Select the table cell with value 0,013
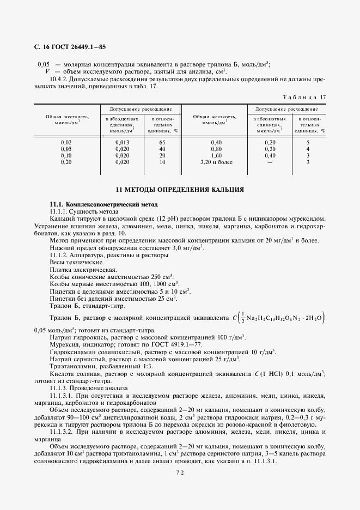(123, 142)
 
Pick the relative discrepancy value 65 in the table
(162, 142)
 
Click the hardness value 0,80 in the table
(216, 149)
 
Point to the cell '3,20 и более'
(216, 162)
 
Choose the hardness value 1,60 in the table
(216, 155)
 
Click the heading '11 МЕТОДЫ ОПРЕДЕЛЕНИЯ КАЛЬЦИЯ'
(180, 190)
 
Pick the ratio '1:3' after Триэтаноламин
(150, 366)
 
